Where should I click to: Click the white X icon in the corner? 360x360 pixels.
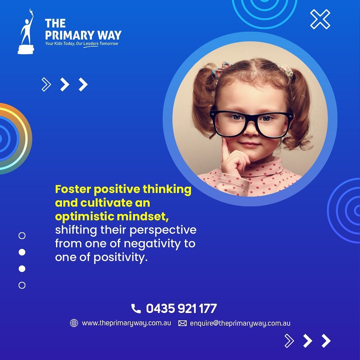(320, 19)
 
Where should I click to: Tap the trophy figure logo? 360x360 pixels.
(26, 32)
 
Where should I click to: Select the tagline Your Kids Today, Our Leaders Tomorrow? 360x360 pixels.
(82, 44)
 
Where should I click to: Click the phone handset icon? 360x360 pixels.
(136, 308)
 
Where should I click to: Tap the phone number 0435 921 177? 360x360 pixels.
(181, 308)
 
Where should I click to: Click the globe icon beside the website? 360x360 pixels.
(74, 323)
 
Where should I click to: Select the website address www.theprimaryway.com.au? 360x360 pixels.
(127, 323)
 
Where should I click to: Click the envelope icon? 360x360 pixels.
(183, 323)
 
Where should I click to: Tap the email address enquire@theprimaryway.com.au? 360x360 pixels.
(240, 323)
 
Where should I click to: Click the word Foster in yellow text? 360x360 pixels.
(73, 189)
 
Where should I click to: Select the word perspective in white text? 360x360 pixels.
(163, 230)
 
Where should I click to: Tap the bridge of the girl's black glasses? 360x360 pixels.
(251, 118)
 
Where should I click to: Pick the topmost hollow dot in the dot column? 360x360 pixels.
(22, 236)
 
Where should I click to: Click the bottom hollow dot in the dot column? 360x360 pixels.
(22, 285)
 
